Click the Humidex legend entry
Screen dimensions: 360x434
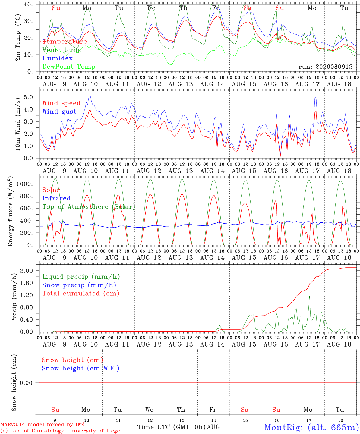[x=57, y=58]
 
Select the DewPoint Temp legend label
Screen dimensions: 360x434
[x=69, y=67]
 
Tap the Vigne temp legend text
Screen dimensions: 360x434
[x=62, y=50]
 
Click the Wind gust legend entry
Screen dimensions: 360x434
[x=59, y=112]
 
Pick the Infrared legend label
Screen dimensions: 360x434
[x=56, y=198]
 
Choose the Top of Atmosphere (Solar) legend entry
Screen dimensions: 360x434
[x=89, y=207]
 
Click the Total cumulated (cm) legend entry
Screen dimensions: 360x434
[x=81, y=294]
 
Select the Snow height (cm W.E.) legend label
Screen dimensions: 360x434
[x=81, y=368]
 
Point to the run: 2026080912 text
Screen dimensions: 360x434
[x=326, y=67]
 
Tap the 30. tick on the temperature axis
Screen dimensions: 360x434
[x=28, y=21]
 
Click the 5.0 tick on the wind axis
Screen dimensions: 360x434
[x=28, y=97]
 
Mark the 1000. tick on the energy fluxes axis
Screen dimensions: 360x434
[x=24, y=184]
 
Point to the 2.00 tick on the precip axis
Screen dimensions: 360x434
[x=27, y=271]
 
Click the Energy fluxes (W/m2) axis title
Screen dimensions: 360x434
[x=10, y=211]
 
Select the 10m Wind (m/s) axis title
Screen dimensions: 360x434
[x=18, y=124]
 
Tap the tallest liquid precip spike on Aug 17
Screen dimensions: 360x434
[x=309, y=296]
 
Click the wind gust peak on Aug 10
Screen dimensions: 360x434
[x=90, y=96]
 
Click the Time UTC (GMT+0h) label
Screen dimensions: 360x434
[x=172, y=427]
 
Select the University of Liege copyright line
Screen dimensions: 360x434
[x=60, y=431]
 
